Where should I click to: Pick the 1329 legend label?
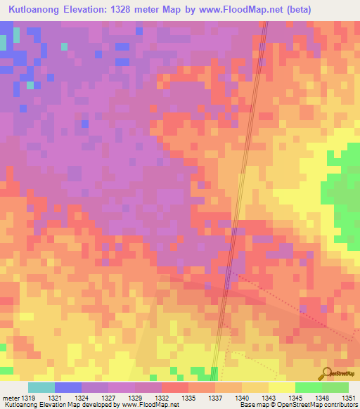click(124, 398)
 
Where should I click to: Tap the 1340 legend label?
click(240, 398)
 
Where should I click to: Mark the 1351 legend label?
click(347, 398)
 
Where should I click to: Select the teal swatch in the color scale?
click(41, 388)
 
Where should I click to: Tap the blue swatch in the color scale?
click(67, 388)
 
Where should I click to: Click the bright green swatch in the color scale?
click(308, 388)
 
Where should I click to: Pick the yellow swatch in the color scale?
click(281, 388)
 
